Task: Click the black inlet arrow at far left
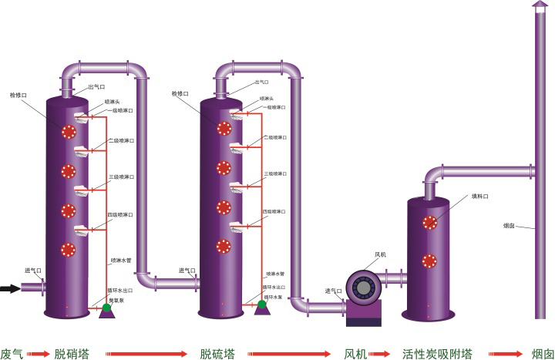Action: point(10,289)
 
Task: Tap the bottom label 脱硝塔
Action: point(72,354)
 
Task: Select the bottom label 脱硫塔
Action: point(217,354)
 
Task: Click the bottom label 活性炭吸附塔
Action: point(437,354)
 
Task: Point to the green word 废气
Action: point(12,354)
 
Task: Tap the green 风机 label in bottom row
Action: point(355,354)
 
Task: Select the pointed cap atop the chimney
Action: point(538,5)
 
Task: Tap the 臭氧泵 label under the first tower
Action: point(116,300)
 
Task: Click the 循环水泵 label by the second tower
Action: point(274,297)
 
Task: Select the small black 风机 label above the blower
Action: point(381,254)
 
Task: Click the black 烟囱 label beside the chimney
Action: point(510,226)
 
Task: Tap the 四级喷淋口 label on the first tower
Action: point(120,214)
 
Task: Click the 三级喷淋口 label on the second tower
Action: point(275,174)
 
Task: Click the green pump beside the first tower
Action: point(107,308)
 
